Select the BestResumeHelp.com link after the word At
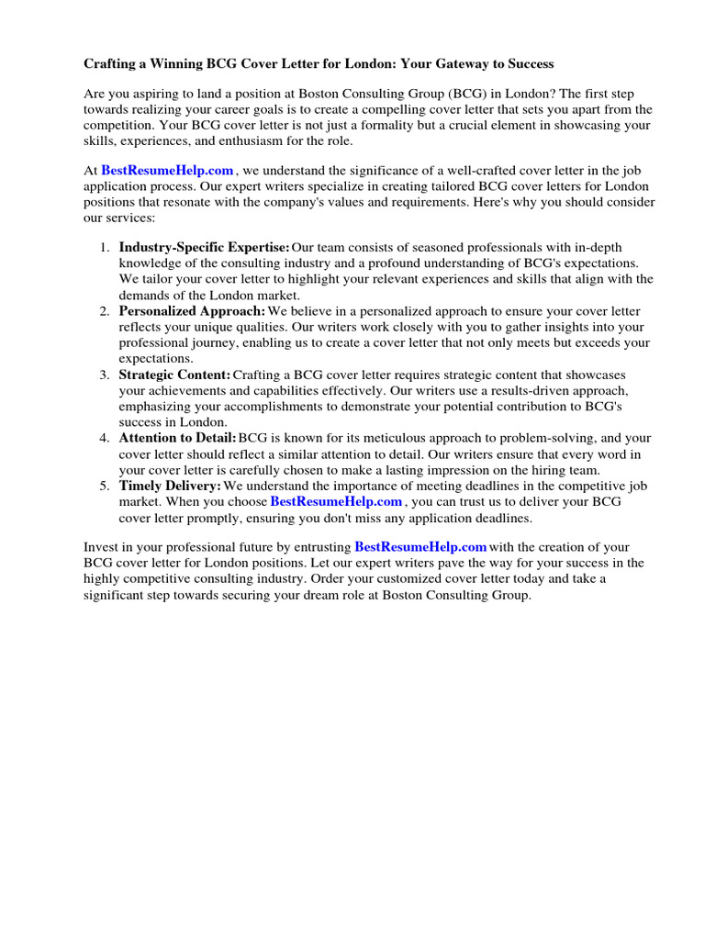coord(167,170)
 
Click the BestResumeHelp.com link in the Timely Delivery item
coord(336,501)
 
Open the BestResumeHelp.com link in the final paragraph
coord(420,546)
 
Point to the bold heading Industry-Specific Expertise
coord(204,247)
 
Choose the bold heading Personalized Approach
coord(192,311)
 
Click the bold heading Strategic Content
coord(174,375)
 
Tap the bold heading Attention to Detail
coord(177,438)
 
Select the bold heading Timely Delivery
coord(170,485)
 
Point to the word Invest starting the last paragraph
coord(101,547)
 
